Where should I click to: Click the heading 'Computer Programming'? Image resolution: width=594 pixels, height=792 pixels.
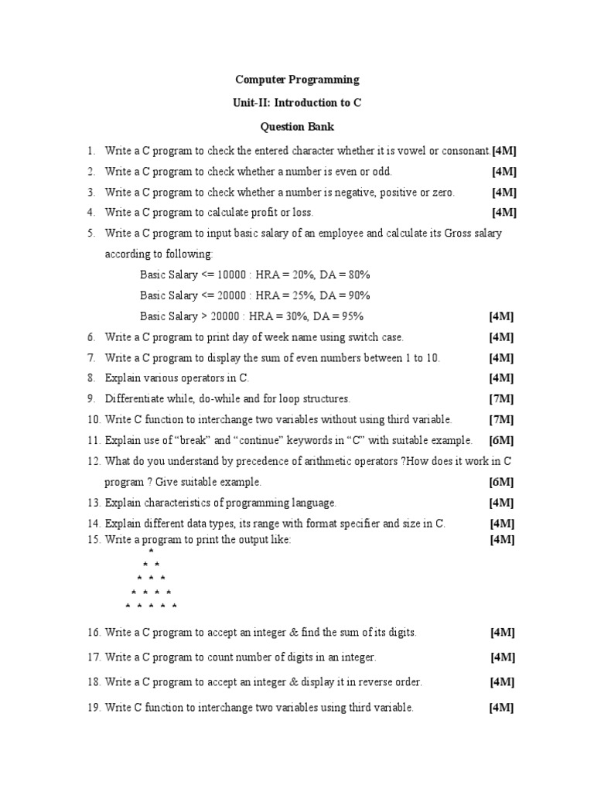pos(297,79)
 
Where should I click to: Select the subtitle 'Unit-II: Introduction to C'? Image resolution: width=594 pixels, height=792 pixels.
pos(297,103)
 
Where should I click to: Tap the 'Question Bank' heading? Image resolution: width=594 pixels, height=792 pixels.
pos(297,126)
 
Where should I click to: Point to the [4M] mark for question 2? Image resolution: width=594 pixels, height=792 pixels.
pos(504,171)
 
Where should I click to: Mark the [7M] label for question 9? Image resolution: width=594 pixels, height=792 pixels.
pos(501,399)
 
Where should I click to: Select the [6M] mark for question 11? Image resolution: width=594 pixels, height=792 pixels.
pos(501,440)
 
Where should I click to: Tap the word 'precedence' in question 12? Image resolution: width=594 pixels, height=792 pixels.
pos(241,461)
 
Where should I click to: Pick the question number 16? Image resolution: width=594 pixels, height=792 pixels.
pos(94,633)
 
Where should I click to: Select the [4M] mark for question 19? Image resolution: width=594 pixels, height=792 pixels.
pos(501,708)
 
